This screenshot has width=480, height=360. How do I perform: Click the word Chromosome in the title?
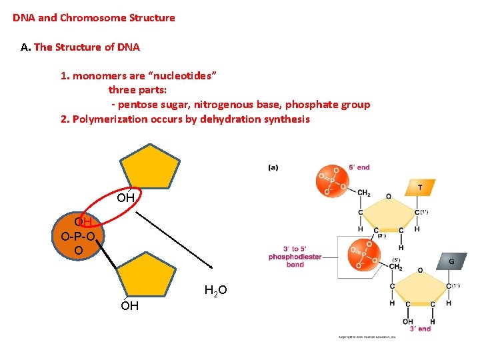pos(92,18)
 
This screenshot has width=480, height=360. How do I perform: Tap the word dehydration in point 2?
pos(232,119)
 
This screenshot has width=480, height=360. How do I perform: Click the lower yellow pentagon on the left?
pos(151,275)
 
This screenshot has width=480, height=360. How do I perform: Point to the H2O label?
pos(215,290)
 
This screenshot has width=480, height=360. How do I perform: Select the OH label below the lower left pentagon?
pos(129,306)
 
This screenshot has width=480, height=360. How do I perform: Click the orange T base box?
pos(419,188)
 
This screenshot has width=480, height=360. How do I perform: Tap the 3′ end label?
pos(419,329)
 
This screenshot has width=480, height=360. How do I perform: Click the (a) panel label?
pos(273,167)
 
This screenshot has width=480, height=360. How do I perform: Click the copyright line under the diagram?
pos(367,337)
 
